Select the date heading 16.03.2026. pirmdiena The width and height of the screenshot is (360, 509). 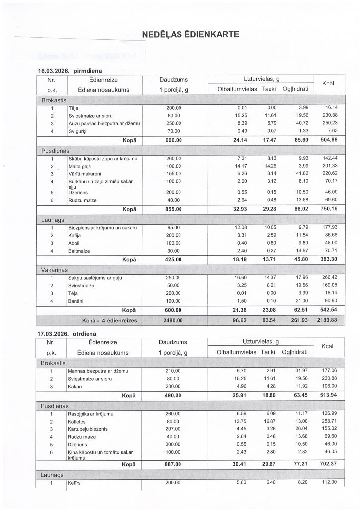tap(73, 71)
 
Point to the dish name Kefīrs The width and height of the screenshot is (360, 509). tap(75, 483)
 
